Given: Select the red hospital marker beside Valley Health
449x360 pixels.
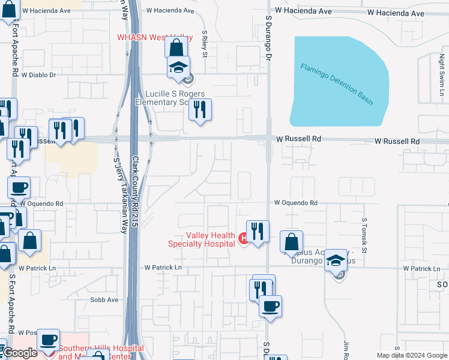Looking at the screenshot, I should coord(243,239).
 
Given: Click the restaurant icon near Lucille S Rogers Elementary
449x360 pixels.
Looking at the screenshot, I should coord(200,109).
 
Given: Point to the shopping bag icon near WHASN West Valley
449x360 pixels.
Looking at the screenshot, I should coord(176,47).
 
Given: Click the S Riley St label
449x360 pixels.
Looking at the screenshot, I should coord(205,44).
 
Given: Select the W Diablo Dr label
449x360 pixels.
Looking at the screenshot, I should coord(38,76).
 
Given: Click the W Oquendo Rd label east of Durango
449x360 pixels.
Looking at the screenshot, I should coord(296,203).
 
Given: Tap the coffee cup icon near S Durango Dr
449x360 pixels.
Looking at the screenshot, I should coord(270,306).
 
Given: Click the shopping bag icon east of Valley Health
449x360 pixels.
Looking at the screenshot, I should coord(291,242).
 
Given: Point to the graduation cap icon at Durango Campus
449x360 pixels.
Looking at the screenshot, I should coord(337,260).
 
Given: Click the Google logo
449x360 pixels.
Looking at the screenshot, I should coord(20,353).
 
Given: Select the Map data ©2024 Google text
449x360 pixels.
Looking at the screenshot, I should coord(411,355).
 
